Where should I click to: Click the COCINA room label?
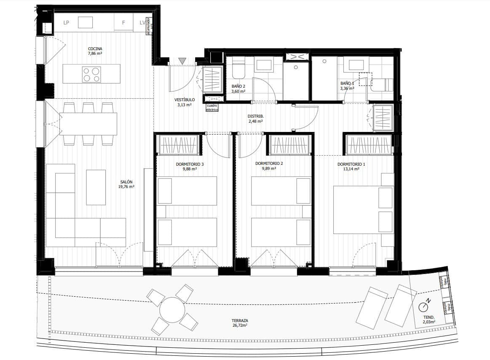(x=95, y=48)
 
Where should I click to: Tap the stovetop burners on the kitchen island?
(x=91, y=75)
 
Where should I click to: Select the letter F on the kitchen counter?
(x=123, y=23)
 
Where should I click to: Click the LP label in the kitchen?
(x=66, y=23)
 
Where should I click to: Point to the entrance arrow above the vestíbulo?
(x=182, y=61)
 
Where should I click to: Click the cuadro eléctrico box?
(x=212, y=107)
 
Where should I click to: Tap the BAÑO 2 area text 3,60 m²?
(x=238, y=91)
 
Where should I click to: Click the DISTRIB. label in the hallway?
(x=255, y=116)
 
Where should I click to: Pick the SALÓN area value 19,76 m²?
(x=126, y=186)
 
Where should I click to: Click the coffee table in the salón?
(x=96, y=187)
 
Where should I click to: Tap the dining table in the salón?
(x=90, y=123)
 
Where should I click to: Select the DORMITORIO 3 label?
(x=190, y=164)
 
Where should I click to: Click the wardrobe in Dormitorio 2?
(x=290, y=145)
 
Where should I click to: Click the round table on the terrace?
(x=172, y=310)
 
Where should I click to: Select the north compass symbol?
(x=424, y=305)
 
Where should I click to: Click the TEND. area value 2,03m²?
(x=429, y=322)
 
